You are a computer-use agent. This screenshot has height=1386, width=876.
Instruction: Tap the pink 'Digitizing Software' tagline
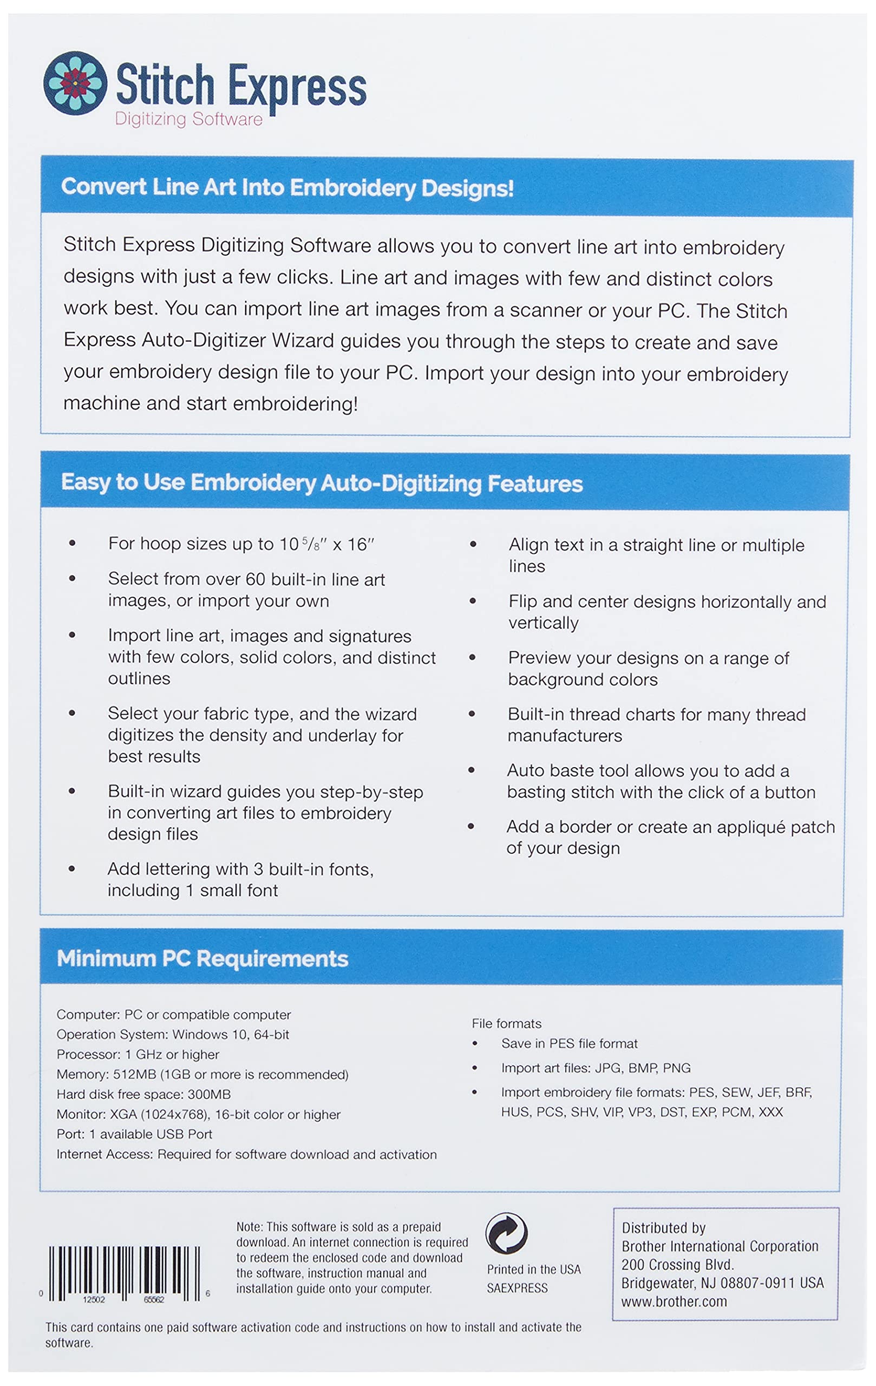click(188, 119)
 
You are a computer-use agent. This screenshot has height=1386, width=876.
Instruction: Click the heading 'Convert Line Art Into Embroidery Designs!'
click(287, 188)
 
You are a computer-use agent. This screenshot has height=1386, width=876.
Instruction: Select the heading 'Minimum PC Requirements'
click(202, 958)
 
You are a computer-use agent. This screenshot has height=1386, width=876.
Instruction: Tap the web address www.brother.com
click(674, 1302)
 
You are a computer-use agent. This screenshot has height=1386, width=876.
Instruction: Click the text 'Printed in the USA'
click(533, 1269)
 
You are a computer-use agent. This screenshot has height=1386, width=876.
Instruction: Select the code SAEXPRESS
click(517, 1288)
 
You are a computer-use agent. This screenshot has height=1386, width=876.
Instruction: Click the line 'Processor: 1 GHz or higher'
click(138, 1055)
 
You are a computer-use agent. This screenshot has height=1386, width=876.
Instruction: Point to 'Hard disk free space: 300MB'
click(143, 1094)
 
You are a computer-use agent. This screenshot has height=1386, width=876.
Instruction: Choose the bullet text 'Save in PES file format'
click(569, 1043)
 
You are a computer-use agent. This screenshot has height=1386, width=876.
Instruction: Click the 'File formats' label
click(507, 1023)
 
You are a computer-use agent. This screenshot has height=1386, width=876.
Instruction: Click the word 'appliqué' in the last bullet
click(749, 827)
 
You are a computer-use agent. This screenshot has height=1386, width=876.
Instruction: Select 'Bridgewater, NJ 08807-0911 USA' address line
click(722, 1283)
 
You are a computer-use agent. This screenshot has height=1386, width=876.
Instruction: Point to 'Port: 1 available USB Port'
click(134, 1134)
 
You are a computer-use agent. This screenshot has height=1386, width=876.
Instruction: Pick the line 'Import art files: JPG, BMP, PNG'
click(596, 1068)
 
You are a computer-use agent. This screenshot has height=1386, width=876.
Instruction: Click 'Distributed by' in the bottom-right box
click(663, 1228)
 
